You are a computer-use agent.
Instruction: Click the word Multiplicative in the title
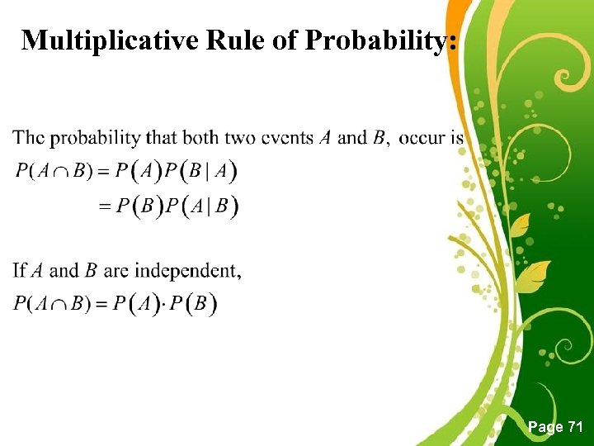pos(110,40)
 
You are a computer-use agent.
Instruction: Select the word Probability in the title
pos(380,40)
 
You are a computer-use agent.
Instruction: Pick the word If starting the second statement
pos(20,271)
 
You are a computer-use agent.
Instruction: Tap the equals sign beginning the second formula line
pos(105,206)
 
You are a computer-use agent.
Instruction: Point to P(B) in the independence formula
pos(197,304)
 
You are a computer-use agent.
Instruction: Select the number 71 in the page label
pos(575,427)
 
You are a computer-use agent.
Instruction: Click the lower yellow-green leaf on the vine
pos(536,273)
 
